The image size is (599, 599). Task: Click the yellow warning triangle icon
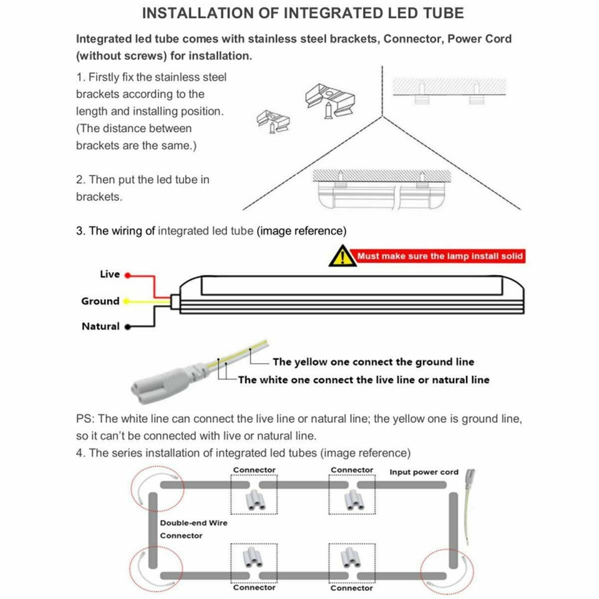click(341, 256)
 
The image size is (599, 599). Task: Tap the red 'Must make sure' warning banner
click(439, 256)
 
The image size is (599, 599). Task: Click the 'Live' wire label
click(109, 275)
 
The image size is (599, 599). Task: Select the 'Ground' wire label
click(100, 301)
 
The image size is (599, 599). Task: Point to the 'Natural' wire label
click(100, 326)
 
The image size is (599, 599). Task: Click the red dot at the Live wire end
click(127, 275)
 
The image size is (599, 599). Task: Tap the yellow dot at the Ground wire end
click(125, 301)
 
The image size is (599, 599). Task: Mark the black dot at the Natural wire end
click(127, 326)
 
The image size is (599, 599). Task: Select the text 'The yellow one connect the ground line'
click(373, 362)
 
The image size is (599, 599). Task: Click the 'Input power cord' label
click(424, 472)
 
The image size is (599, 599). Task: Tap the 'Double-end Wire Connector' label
click(193, 529)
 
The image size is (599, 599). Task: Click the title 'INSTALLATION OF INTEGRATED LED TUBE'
click(303, 13)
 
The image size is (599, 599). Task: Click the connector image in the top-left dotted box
click(254, 499)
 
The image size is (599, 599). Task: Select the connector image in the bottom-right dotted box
click(351, 558)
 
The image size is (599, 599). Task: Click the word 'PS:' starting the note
click(85, 419)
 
